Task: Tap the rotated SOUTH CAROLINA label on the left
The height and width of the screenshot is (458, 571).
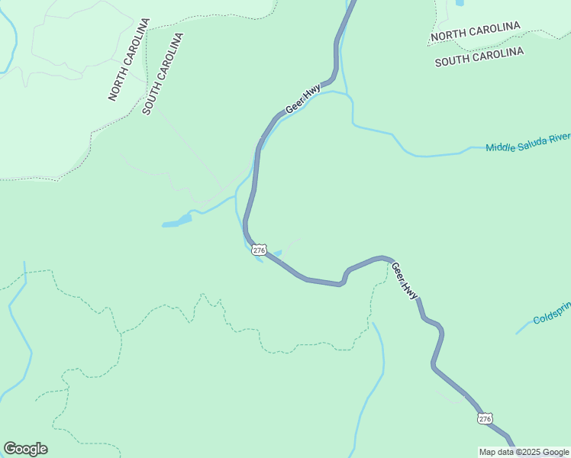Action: [x=163, y=73]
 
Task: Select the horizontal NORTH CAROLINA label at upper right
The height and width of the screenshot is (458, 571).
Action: [x=475, y=31]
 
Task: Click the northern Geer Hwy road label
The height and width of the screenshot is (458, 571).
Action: [x=303, y=100]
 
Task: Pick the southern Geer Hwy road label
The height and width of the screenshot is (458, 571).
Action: [x=405, y=280]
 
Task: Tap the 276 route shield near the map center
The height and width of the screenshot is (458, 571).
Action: [x=260, y=250]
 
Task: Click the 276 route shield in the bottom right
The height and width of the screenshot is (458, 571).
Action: [x=485, y=418]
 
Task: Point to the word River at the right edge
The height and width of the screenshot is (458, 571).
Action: [x=560, y=137]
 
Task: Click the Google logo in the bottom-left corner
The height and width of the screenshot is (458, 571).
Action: [x=25, y=449]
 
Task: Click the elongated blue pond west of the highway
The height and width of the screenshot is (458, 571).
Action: [x=177, y=222]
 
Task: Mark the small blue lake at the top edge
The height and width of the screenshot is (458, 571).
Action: [x=460, y=3]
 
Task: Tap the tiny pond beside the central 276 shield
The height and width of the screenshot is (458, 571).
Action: [x=276, y=254]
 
